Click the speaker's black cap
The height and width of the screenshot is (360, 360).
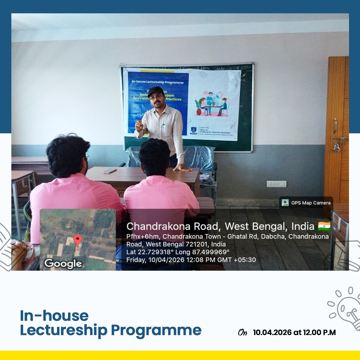tap(156, 90)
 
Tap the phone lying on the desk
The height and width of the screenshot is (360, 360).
tap(110, 171)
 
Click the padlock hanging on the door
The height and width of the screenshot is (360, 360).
tap(337, 147)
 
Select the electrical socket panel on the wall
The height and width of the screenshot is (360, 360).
tap(276, 184)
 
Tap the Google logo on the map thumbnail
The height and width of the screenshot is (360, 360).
tap(63, 264)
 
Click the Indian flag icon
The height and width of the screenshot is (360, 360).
tap(324, 227)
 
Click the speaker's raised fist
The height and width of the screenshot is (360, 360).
tap(139, 126)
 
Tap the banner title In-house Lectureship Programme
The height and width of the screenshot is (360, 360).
tap(158, 82)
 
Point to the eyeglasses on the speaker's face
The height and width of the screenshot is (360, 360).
tap(156, 97)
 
